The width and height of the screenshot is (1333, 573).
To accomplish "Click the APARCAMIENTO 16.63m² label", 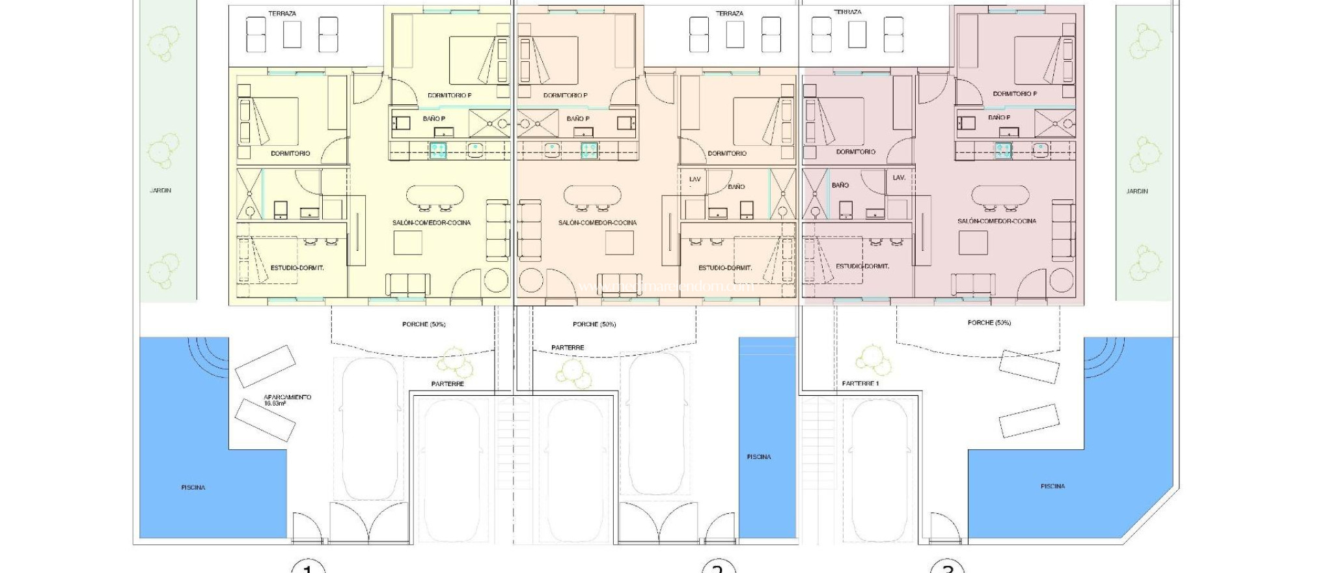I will pyautogui.click(x=287, y=399).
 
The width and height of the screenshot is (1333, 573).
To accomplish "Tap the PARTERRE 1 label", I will pyautogui.click(x=860, y=384).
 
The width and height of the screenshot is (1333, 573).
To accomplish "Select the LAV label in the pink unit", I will pyautogui.click(x=899, y=177).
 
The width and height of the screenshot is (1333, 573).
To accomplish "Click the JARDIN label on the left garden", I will pyautogui.click(x=160, y=190).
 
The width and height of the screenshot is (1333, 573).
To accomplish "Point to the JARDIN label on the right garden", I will pyautogui.click(x=1136, y=191).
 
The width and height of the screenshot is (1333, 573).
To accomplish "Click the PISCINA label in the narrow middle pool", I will pyautogui.click(x=758, y=456).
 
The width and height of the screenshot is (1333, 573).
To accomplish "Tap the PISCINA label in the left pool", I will pyautogui.click(x=193, y=487).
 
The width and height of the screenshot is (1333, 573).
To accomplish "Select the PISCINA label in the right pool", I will pyautogui.click(x=1052, y=486).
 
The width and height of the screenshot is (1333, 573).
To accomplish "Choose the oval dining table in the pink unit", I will pyautogui.click(x=1000, y=194).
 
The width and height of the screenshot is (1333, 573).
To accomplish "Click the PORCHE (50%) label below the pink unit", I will pyautogui.click(x=989, y=322).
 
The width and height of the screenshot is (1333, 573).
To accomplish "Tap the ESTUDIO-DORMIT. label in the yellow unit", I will pyautogui.click(x=297, y=268).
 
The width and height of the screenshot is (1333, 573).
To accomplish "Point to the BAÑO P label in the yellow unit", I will pyautogui.click(x=433, y=119).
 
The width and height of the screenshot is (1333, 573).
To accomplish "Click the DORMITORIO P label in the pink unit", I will pyautogui.click(x=1015, y=94).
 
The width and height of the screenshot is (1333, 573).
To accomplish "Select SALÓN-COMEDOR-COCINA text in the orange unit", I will pyautogui.click(x=597, y=223).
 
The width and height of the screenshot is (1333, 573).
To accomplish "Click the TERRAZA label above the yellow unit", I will pyautogui.click(x=282, y=13).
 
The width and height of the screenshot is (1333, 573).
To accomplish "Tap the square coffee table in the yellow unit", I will pyautogui.click(x=408, y=243).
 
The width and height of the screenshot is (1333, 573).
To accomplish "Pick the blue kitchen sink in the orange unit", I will pyautogui.click(x=589, y=151).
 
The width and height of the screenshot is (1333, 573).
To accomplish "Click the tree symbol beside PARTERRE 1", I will pyautogui.click(x=868, y=359).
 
